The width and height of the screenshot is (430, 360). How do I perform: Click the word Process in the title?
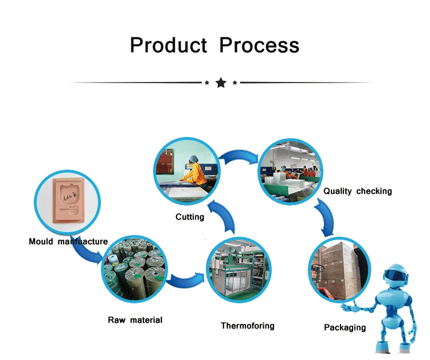point(259,45)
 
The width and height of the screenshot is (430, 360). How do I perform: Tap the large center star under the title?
point(221,83)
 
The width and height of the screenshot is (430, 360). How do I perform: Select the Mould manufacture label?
point(68,241)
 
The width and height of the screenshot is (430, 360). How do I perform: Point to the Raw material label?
point(135,320)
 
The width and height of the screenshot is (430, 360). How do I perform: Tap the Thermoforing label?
point(248,326)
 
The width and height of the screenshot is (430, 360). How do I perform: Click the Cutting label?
point(190,217)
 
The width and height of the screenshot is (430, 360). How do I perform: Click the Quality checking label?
point(358,191)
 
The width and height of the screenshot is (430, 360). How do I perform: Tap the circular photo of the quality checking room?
point(290,169)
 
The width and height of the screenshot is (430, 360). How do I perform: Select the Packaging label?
point(345,327)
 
